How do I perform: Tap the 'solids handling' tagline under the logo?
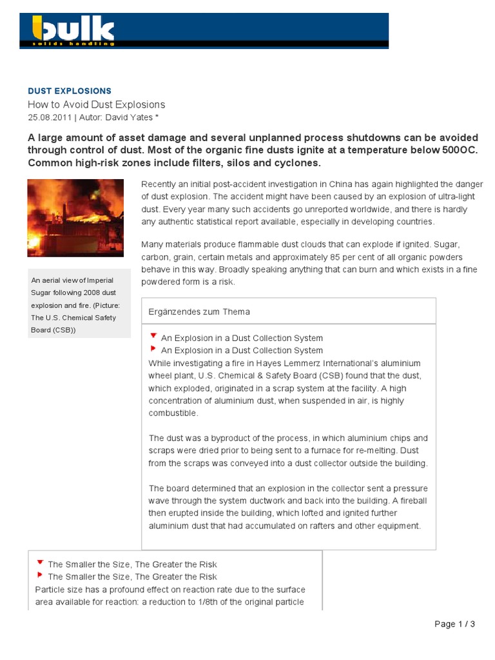pyautogui.click(x=74, y=43)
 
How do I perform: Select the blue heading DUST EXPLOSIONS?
pyautogui.click(x=70, y=91)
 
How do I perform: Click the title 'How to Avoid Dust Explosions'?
pyautogui.click(x=96, y=104)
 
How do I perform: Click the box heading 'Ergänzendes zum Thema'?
pyautogui.click(x=199, y=311)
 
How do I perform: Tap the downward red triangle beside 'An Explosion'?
pyautogui.click(x=153, y=336)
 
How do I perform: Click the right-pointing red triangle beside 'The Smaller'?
pyautogui.click(x=41, y=575)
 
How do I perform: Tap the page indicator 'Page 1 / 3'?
pyautogui.click(x=455, y=624)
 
